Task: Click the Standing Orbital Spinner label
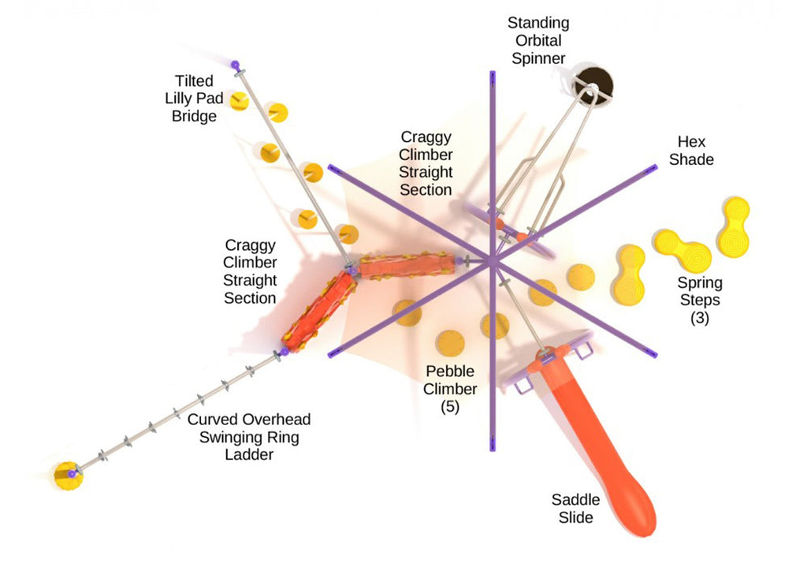[x=538, y=41]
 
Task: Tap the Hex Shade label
[x=691, y=151]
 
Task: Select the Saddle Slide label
[x=575, y=508]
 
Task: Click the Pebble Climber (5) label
[x=450, y=389]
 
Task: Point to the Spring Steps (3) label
[x=700, y=300]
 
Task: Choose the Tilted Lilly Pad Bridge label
[x=194, y=99]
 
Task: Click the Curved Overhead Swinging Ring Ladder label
[x=249, y=437]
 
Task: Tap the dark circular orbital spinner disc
[x=594, y=84]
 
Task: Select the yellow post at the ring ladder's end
[x=69, y=476]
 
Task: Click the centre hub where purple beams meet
[x=493, y=261]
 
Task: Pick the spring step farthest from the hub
[x=734, y=226]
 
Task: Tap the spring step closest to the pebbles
[x=629, y=275]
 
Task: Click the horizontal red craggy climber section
[x=407, y=265]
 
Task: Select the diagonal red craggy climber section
[x=319, y=312]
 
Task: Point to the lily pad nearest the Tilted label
[x=239, y=100]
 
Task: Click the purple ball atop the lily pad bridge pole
[x=235, y=65]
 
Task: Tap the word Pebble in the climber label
[x=450, y=371]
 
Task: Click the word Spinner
[x=538, y=58]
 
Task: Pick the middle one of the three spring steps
[x=682, y=250]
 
